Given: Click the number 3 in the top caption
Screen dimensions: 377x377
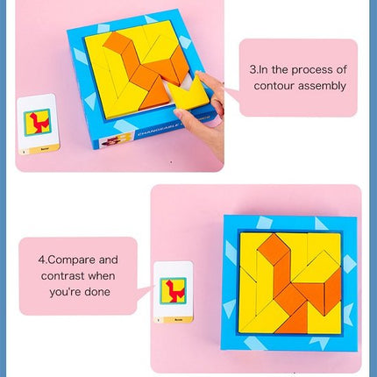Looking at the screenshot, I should pyautogui.click(x=253, y=68).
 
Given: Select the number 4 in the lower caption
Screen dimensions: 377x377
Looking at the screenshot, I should pyautogui.click(x=40, y=260).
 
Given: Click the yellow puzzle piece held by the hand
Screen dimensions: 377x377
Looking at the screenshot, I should pyautogui.click(x=193, y=93).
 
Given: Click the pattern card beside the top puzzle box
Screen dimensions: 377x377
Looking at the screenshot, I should pyautogui.click(x=37, y=124).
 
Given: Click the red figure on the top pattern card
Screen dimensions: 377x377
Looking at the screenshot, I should pyautogui.click(x=38, y=121).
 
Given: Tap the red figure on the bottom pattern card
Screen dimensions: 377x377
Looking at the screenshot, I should pyautogui.click(x=173, y=288).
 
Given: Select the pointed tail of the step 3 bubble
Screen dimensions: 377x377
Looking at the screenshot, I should pyautogui.click(x=230, y=87).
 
